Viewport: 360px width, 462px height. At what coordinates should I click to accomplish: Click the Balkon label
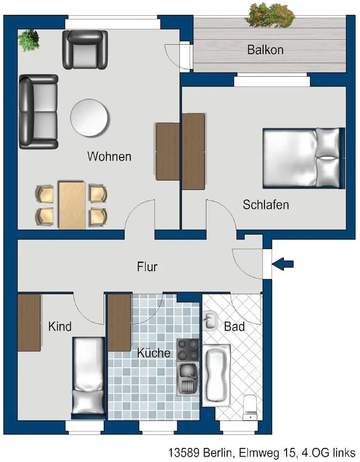click(x=265, y=50)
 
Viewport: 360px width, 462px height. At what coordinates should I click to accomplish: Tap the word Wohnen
click(x=109, y=156)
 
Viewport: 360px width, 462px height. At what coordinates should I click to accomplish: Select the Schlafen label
click(x=266, y=205)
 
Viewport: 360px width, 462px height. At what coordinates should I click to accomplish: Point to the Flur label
click(x=147, y=267)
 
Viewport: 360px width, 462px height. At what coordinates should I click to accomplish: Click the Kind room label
click(x=60, y=327)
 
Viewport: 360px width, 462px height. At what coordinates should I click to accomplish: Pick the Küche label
click(x=154, y=353)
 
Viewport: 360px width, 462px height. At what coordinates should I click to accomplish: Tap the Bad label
click(x=234, y=327)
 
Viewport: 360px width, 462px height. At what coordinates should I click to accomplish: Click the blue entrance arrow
click(x=282, y=264)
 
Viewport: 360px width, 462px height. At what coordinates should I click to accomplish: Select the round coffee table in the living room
click(x=90, y=117)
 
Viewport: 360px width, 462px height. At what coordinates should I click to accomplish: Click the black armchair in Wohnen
click(x=85, y=49)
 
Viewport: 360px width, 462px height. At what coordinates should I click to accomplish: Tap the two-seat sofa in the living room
click(x=38, y=112)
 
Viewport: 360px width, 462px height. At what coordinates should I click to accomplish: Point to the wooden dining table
click(x=72, y=206)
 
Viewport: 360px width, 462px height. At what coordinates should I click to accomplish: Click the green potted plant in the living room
click(x=29, y=40)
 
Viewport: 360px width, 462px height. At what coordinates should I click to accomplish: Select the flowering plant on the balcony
click(x=270, y=15)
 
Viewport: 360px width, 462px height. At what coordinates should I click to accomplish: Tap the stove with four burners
click(x=188, y=350)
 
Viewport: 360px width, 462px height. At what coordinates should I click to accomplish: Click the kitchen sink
click(x=187, y=379)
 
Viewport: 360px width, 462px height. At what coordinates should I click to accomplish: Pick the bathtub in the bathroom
click(x=216, y=375)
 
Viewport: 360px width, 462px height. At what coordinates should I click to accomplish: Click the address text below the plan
click(x=262, y=452)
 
